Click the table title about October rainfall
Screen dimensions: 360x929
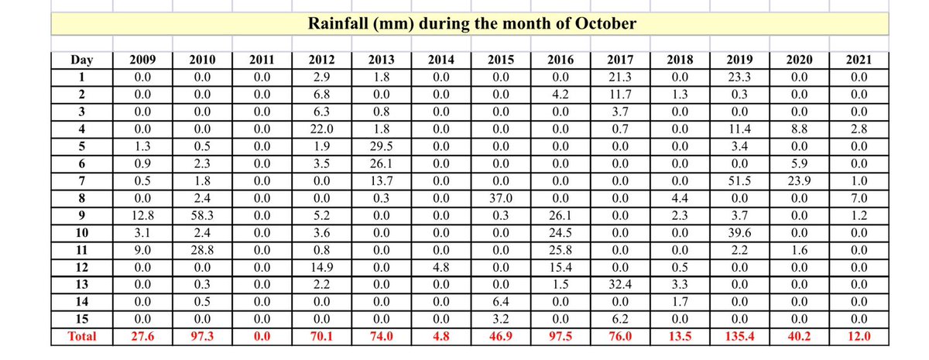click(472, 23)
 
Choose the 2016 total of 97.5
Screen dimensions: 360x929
click(560, 337)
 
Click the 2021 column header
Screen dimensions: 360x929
click(856, 60)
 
